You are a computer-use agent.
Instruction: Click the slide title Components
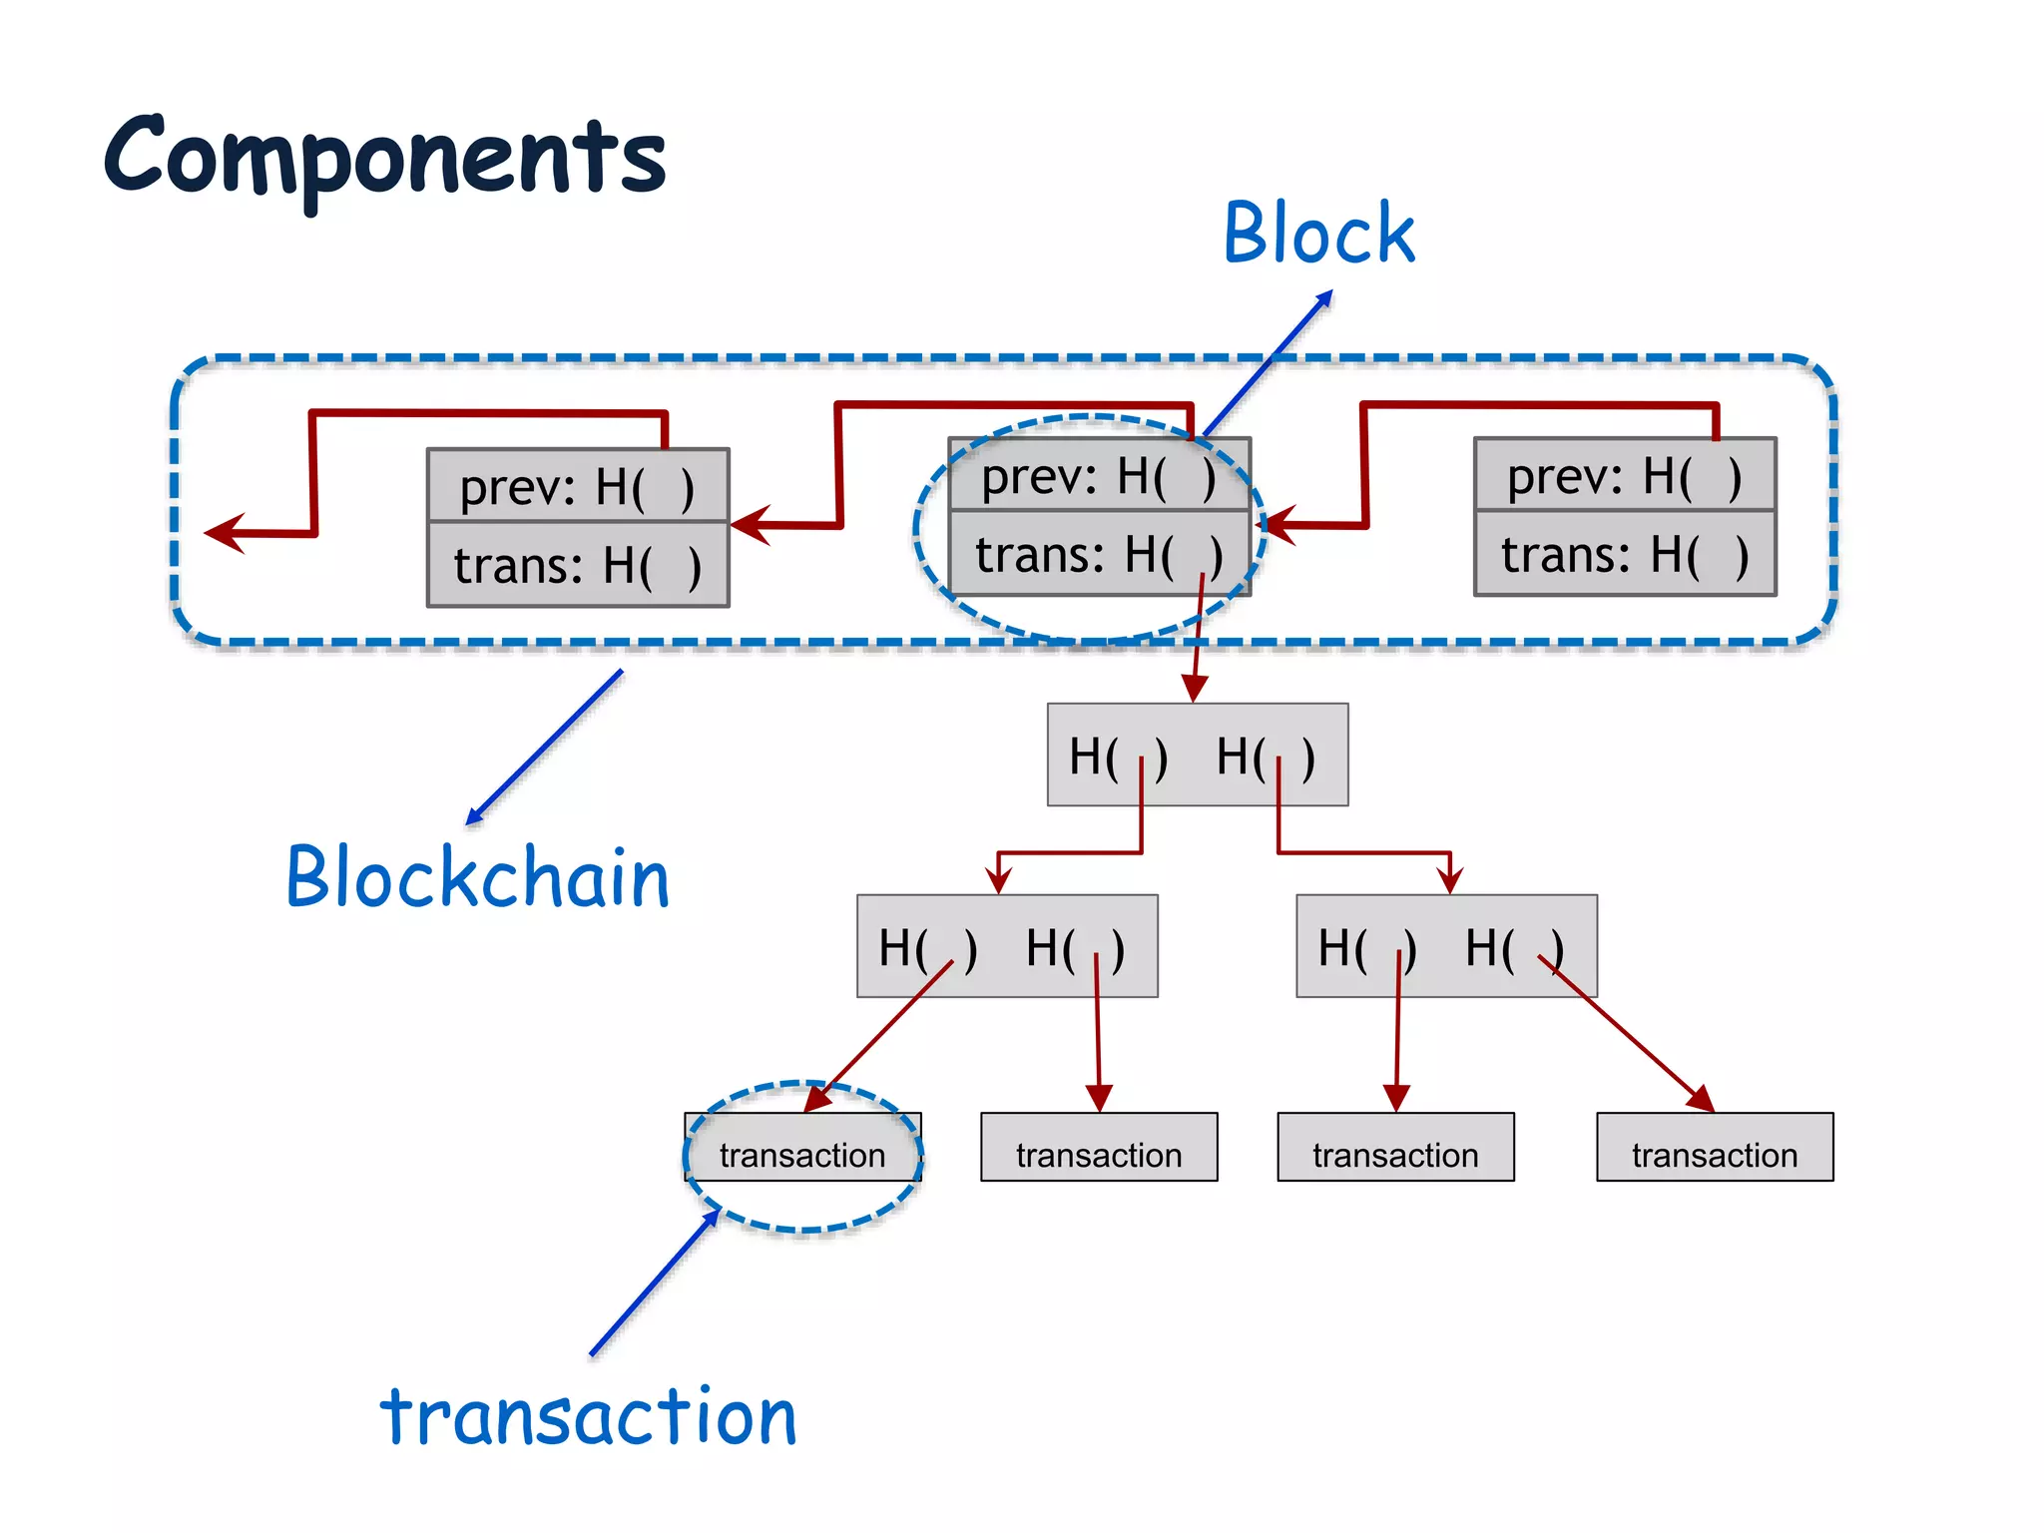(384, 158)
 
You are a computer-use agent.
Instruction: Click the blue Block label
(1318, 234)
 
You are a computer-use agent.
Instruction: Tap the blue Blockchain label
(477, 877)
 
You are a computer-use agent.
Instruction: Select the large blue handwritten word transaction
(589, 1417)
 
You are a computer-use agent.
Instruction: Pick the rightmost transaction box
(1715, 1148)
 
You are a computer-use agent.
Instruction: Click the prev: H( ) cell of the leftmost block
(578, 486)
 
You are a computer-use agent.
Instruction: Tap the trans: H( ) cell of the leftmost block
(578, 565)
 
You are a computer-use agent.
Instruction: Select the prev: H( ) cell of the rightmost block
(1625, 475)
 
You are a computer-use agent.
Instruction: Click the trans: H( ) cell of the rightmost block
(1625, 555)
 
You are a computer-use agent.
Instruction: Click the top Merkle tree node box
(1197, 756)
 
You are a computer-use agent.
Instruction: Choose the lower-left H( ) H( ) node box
(1007, 946)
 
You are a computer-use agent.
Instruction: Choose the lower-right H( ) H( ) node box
(1446, 946)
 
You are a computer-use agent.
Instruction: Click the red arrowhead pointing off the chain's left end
(224, 533)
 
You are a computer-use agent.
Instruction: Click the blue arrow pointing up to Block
(1268, 363)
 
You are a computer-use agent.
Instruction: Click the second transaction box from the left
(1099, 1148)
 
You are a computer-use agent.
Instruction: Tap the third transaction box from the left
(1395, 1148)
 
